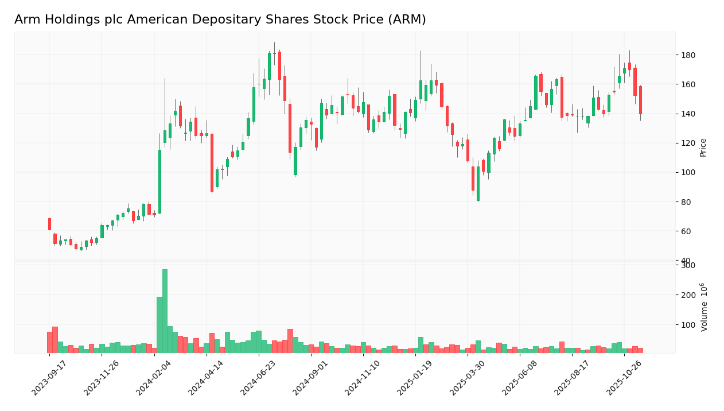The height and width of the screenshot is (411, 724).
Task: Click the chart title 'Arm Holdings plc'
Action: click(x=220, y=20)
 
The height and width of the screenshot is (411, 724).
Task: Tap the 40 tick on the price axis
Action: click(x=685, y=261)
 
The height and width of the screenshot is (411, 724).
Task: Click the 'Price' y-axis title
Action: click(x=703, y=148)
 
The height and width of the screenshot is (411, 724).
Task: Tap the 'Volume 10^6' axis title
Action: click(x=704, y=307)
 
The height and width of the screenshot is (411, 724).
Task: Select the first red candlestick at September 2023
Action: click(x=49, y=224)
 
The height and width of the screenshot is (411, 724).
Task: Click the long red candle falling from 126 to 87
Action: click(x=212, y=162)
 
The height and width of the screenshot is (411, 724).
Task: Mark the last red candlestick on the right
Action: click(x=640, y=100)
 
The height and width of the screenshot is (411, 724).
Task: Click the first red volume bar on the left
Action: click(x=49, y=342)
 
